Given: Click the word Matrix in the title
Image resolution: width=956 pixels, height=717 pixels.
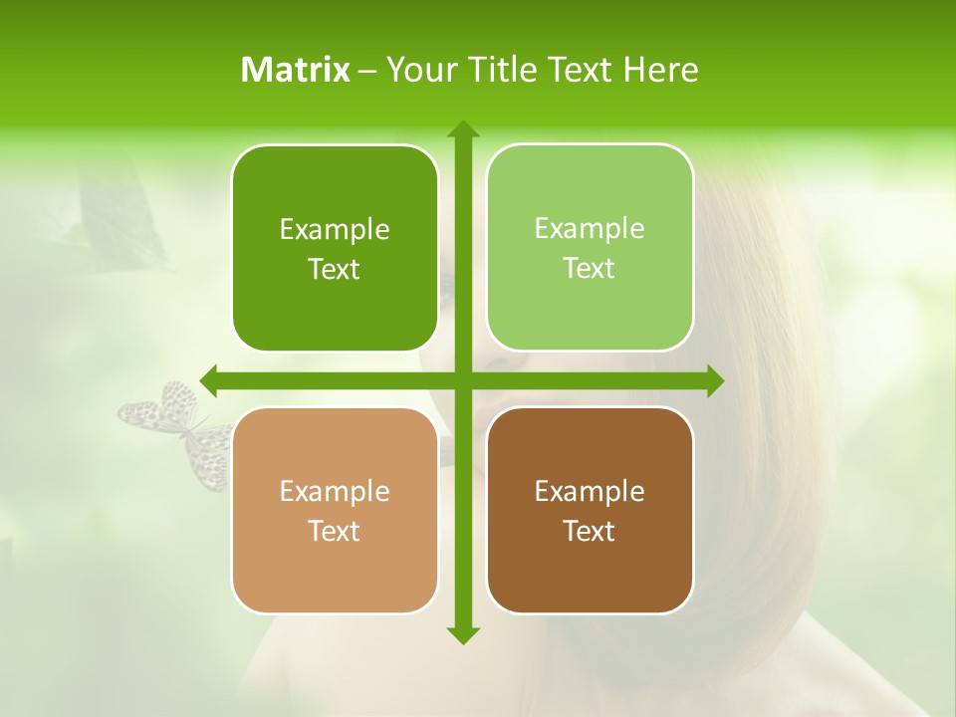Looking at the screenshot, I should pyautogui.click(x=296, y=70).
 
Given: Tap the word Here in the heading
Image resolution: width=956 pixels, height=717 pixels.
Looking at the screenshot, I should pyautogui.click(x=660, y=70).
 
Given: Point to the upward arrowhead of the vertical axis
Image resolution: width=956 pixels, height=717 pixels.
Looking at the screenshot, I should pyautogui.click(x=462, y=129).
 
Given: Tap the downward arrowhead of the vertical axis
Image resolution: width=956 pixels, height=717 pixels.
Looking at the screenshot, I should pyautogui.click(x=462, y=634).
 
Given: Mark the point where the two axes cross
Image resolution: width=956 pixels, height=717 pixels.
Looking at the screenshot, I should pyautogui.click(x=462, y=380).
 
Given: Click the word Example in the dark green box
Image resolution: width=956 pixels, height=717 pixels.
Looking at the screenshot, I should pyautogui.click(x=335, y=230).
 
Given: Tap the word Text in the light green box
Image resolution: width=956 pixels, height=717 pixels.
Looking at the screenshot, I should pyautogui.click(x=590, y=269).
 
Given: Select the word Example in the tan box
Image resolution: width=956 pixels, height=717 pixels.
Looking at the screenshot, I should pyautogui.click(x=335, y=492).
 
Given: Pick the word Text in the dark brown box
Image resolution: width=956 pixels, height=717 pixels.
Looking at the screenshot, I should pyautogui.click(x=590, y=532).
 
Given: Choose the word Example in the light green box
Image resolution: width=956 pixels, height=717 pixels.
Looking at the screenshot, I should pyautogui.click(x=590, y=229).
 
